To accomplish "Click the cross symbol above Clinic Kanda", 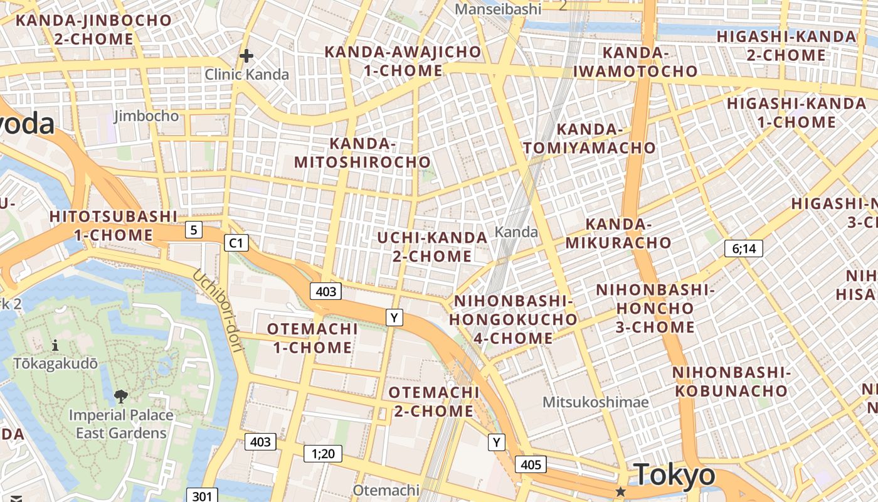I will coord(246,56).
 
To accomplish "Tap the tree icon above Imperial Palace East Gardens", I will coord(120,396).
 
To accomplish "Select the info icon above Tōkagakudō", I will coord(55,345).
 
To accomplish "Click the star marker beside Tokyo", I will coord(621,491).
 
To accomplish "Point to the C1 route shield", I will coord(236,243).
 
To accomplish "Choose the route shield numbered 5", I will coord(194,230).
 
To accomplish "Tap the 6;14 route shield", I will coord(744,248).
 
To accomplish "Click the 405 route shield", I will coord(531,465).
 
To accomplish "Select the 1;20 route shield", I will coord(323,453).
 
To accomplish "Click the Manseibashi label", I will coord(498,9).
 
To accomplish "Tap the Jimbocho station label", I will coord(147,116).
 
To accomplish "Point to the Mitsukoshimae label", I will coord(596,402).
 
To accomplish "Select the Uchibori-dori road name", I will coord(217,310).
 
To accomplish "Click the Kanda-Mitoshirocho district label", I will coord(362,152).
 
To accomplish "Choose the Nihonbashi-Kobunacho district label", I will coord(731,382).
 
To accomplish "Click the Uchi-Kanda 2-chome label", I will coord(432,247).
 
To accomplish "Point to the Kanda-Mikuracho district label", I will coord(618,233).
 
